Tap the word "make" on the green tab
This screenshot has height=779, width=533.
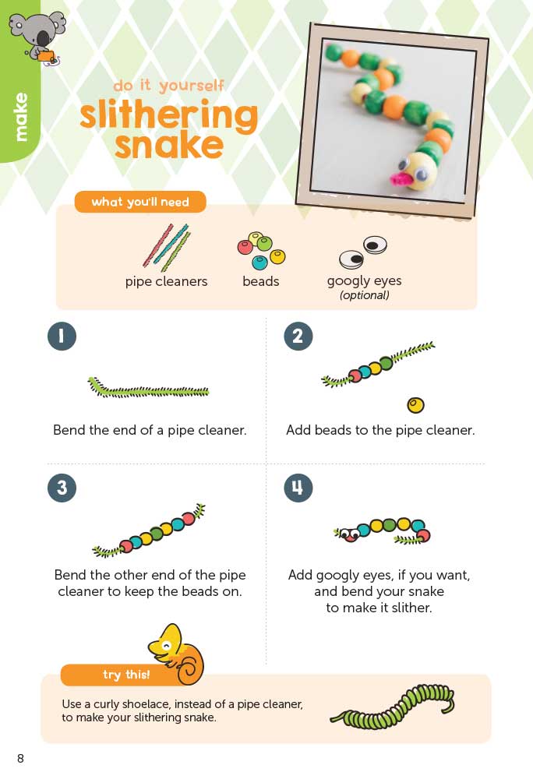(x=21, y=117)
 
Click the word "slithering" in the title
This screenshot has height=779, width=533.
(x=169, y=115)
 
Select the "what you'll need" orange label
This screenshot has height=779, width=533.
(x=140, y=202)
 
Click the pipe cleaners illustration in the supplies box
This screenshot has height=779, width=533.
(x=167, y=247)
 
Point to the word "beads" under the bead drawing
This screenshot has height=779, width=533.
(x=261, y=281)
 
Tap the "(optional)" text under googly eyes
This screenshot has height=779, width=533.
(x=364, y=295)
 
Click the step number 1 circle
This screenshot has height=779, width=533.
(x=62, y=336)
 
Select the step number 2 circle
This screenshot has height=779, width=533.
(x=298, y=336)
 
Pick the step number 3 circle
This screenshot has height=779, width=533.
(x=62, y=488)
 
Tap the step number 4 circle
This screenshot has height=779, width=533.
(x=298, y=488)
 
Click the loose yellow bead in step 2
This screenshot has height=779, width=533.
(x=416, y=405)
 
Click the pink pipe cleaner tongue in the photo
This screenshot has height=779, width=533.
(x=402, y=178)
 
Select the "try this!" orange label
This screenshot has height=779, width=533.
(x=125, y=674)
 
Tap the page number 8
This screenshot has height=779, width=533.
(x=20, y=758)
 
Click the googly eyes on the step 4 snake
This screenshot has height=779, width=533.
(x=351, y=534)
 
